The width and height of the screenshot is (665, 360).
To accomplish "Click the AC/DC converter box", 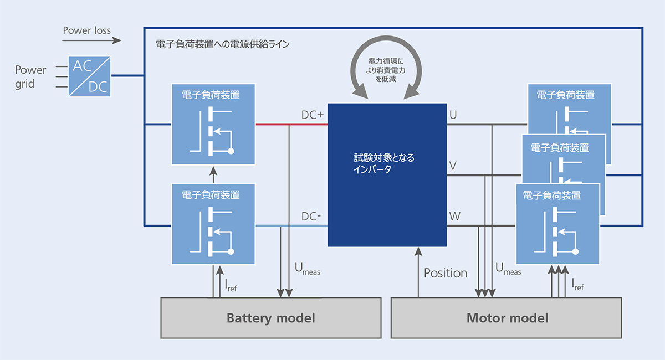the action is tap(89, 76).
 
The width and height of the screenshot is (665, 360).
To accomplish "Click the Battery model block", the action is tap(271, 318).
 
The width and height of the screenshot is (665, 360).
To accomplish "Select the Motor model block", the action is tap(506, 318).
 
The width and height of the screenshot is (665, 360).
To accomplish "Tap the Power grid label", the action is tap(30, 77).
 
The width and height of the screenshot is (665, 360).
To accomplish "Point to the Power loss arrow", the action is tap(92, 40).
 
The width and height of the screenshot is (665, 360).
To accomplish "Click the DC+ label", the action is tap(313, 115).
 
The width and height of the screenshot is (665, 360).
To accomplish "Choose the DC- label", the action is tap(311, 217).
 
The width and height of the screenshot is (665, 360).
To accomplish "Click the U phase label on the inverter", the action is tap(453, 115).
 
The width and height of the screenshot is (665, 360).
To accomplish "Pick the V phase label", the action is tap(453, 166).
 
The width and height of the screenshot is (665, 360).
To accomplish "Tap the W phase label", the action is tap(454, 217).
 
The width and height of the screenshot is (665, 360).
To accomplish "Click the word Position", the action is tap(446, 273).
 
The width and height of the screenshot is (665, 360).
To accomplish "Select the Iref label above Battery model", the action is tap(231, 285).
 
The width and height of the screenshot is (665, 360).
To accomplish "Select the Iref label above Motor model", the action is tap(577, 284).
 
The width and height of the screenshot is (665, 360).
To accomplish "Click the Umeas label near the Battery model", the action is tap(307, 269).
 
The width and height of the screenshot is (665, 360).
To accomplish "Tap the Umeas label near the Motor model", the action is tap(508, 269).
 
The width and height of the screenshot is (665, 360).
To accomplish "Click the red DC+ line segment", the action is tap(291, 124).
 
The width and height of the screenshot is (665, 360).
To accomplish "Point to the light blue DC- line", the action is tap(291, 226).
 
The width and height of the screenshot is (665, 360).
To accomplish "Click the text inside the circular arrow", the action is tap(386, 70).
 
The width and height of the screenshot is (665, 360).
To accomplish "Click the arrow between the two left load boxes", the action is tap(213, 174).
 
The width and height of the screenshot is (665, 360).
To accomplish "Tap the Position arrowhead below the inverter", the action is tap(418, 251).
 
